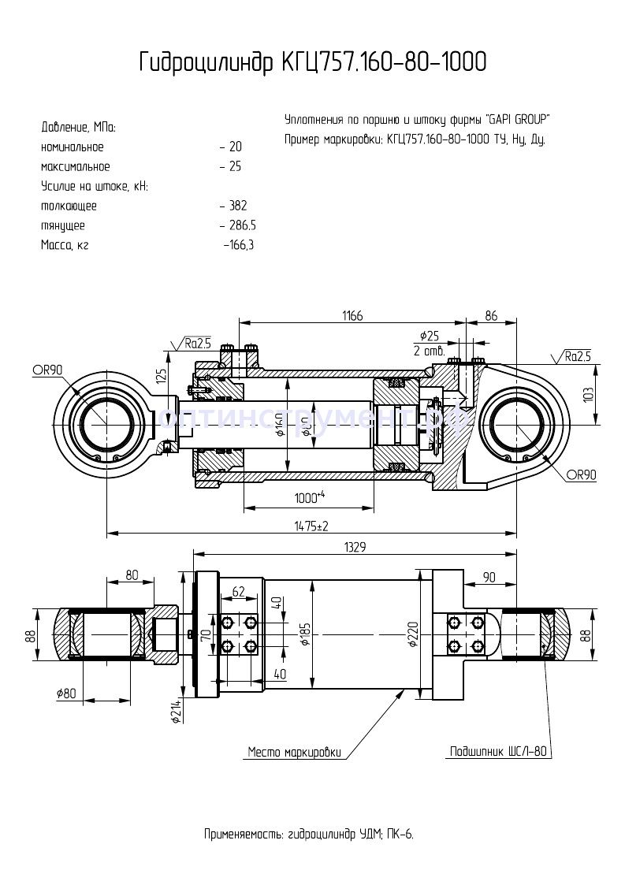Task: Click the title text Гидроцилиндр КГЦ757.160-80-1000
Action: click(312, 63)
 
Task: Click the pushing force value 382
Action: click(236, 206)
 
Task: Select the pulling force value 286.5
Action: click(241, 225)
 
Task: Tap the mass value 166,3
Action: click(240, 245)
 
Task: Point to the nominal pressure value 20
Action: click(234, 147)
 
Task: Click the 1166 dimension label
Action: click(352, 315)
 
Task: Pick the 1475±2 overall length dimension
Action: click(311, 525)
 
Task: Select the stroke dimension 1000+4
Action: click(310, 497)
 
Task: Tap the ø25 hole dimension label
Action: click(430, 335)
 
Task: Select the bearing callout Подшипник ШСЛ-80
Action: click(497, 752)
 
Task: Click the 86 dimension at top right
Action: click(491, 315)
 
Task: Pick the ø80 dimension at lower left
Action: click(66, 693)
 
